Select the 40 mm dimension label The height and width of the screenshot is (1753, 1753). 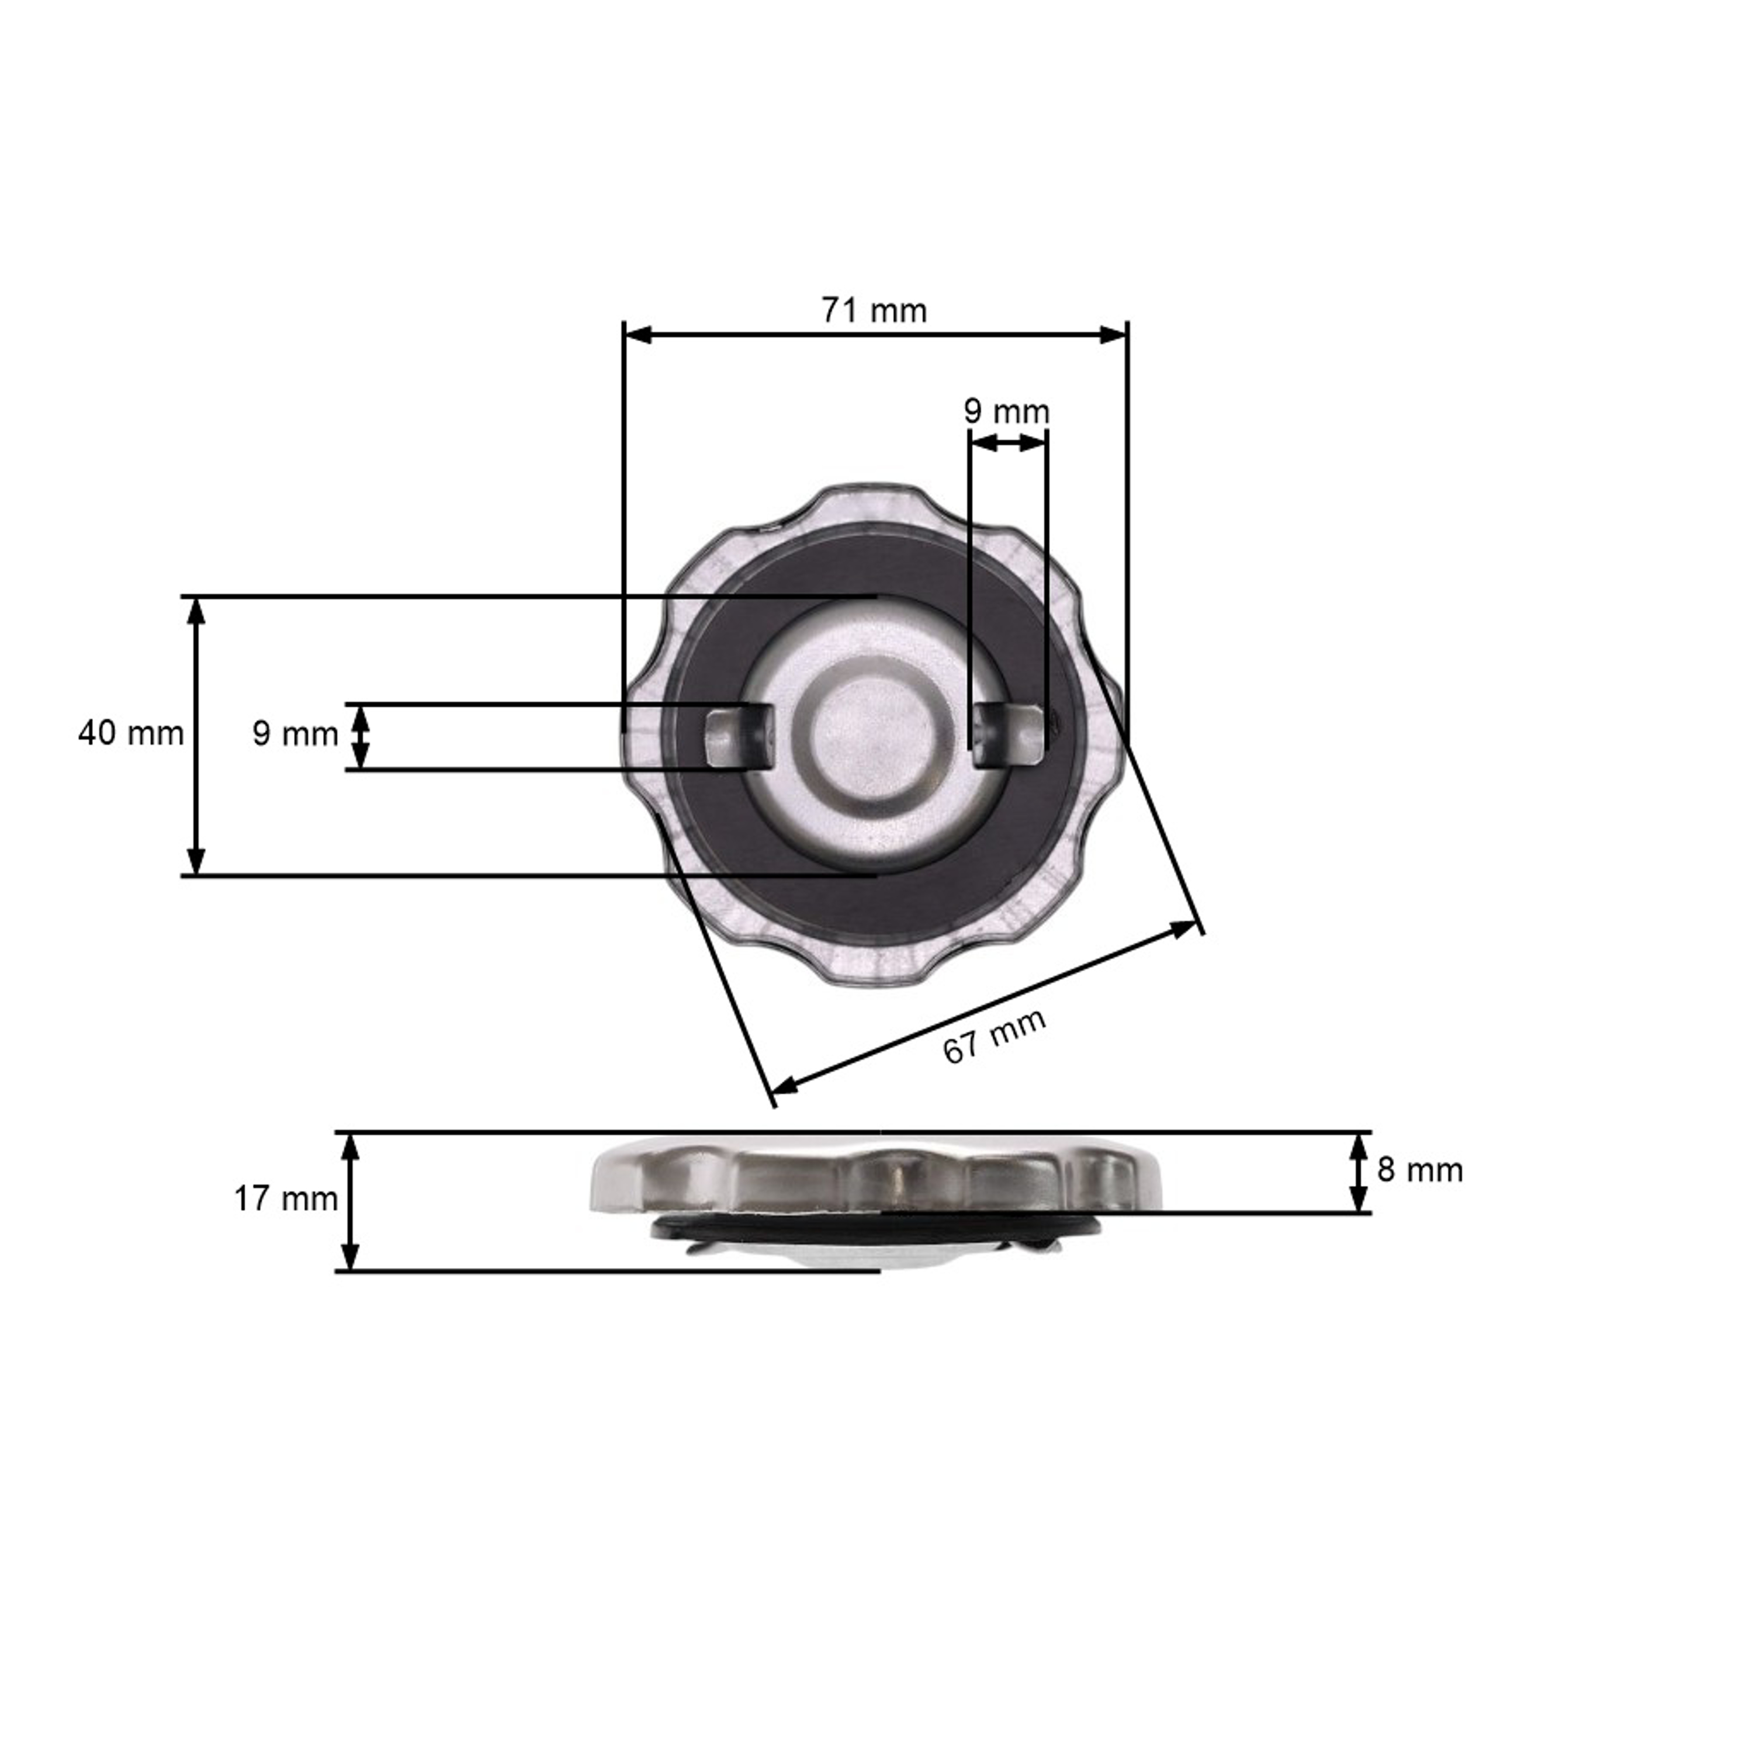click(x=131, y=733)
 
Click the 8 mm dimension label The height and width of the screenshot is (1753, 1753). click(x=1420, y=1170)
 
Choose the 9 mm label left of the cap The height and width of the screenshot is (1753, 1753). click(x=295, y=734)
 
